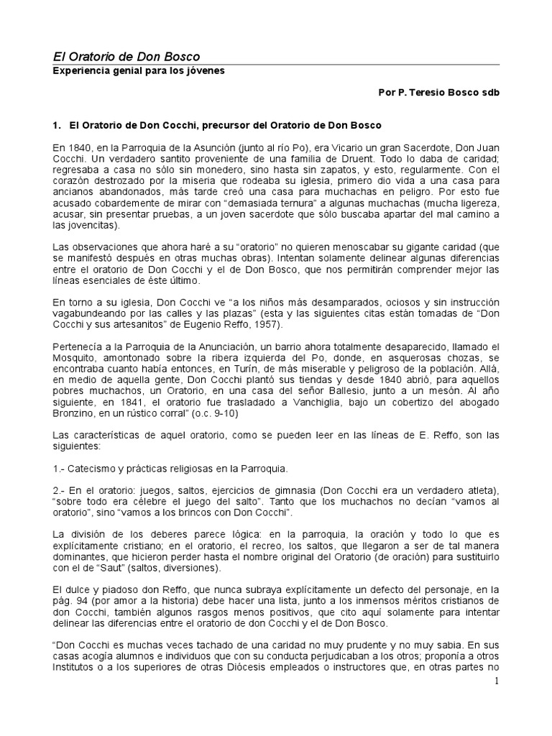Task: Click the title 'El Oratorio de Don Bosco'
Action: pyautogui.click(x=127, y=56)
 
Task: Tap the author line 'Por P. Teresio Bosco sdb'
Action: pyautogui.click(x=438, y=93)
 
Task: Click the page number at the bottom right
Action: pyautogui.click(x=496, y=681)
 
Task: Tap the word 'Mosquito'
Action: pyautogui.click(x=76, y=359)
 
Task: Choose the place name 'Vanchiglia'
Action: pyautogui.click(x=305, y=402)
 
